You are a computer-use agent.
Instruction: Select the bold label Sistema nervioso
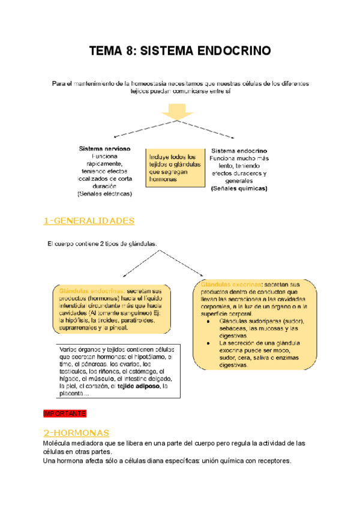tap(105, 148)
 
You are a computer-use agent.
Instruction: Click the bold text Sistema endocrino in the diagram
tap(239, 150)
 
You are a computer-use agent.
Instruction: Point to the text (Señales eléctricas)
tap(105, 194)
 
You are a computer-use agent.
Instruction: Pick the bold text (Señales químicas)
tap(239, 188)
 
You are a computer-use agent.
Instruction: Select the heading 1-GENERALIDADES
tap(89, 221)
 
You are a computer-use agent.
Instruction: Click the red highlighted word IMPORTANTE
tap(65, 414)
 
